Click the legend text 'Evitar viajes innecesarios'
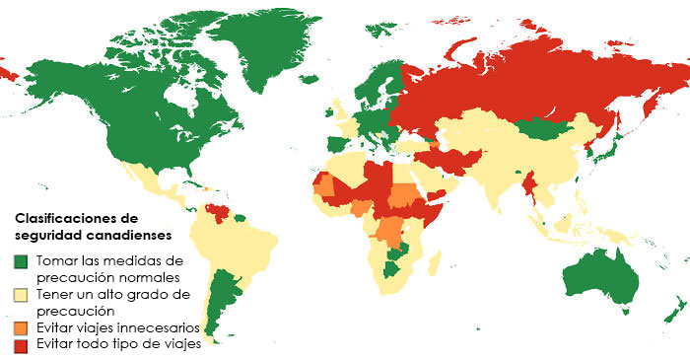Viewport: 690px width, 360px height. click(118, 327)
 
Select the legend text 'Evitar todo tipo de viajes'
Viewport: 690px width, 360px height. click(118, 344)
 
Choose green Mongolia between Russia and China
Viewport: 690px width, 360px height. click(542, 128)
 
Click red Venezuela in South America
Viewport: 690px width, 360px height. click(219, 211)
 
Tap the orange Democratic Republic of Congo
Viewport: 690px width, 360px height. click(392, 232)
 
